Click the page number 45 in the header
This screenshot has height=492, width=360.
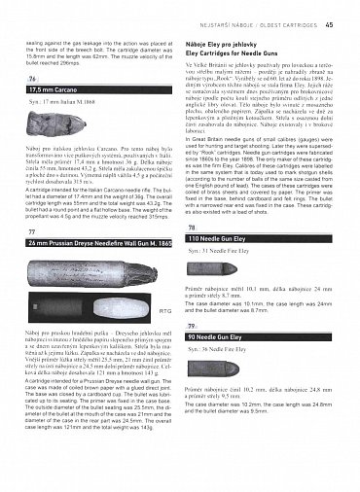[331, 11]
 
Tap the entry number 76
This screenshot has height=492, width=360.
[33, 78]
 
